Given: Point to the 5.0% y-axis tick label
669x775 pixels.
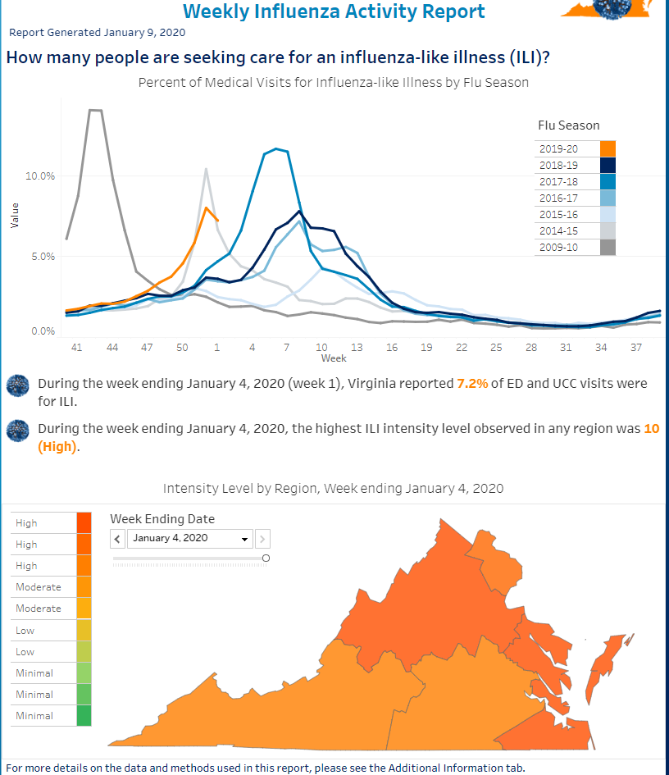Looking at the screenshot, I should tap(43, 256).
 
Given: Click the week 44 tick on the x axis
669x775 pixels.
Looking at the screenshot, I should tap(112, 348).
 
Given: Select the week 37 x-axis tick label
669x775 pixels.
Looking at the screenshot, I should tap(635, 348).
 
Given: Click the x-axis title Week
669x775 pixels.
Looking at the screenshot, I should tap(333, 358).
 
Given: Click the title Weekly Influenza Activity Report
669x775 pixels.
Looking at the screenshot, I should tap(334, 11).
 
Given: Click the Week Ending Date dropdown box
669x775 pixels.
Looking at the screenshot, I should tap(191, 539).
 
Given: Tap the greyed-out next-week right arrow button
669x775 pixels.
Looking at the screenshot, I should tap(262, 539).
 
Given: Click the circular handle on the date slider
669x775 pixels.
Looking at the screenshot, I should tap(266, 558).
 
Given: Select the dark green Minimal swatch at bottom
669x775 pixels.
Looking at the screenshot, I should tap(84, 716).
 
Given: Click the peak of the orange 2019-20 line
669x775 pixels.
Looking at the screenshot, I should tap(207, 207).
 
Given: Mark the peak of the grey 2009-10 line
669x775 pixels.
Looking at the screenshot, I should tap(94, 110).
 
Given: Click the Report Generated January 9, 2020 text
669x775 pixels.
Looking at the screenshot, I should tap(97, 33).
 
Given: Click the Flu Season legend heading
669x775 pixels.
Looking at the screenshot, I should tap(568, 125).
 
